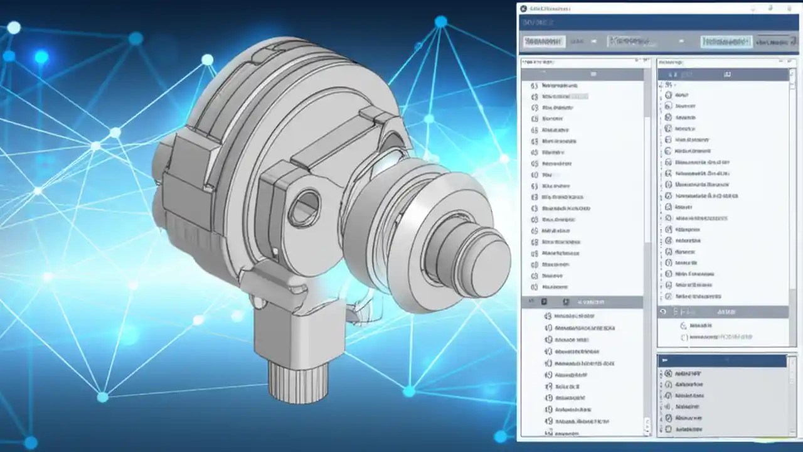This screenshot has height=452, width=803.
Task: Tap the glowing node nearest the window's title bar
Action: tap(441, 22)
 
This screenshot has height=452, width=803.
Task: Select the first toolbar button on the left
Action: tap(543, 41)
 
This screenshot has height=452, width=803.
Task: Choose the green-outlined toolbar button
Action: tap(726, 42)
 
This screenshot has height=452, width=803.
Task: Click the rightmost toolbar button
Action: tap(772, 42)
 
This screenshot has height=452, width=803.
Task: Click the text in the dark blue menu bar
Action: tap(538, 23)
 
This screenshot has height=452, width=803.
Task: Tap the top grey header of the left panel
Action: tap(582, 74)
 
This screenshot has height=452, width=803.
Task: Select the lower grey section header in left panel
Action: tap(582, 302)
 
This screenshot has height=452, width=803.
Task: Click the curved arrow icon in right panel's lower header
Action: tap(663, 312)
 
